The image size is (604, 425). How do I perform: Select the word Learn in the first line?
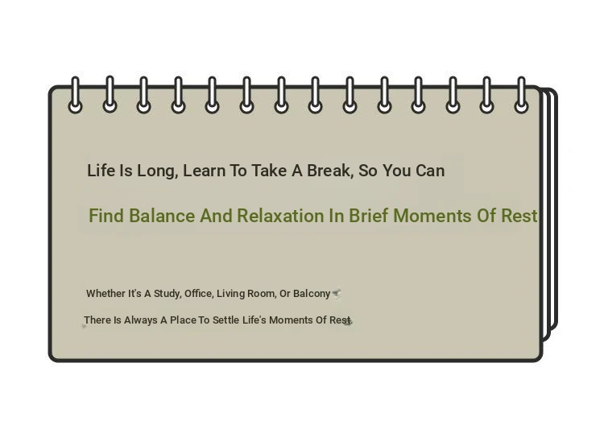click(x=205, y=171)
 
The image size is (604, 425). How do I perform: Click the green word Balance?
click(x=162, y=216)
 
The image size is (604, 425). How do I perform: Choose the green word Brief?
click(x=368, y=216)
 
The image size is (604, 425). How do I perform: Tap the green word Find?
click(x=106, y=216)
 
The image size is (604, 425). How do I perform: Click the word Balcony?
click(x=312, y=294)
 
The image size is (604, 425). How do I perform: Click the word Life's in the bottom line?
click(x=254, y=320)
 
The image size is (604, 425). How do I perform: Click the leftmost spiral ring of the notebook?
click(x=76, y=95)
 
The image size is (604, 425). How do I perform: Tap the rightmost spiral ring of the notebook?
click(x=521, y=95)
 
